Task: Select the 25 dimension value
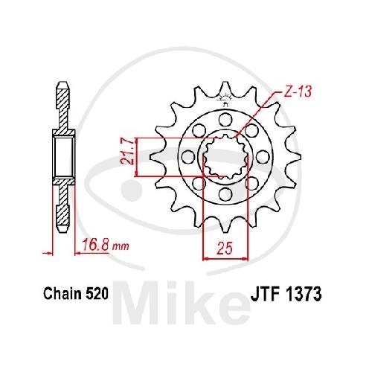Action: (x=225, y=248)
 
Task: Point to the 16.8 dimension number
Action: (x=96, y=245)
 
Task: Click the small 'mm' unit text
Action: (x=121, y=246)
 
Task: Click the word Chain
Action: (x=62, y=294)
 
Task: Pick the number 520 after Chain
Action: (x=97, y=294)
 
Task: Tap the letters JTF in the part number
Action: (x=266, y=294)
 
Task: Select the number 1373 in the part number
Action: (x=303, y=294)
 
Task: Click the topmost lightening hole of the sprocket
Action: (x=225, y=119)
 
